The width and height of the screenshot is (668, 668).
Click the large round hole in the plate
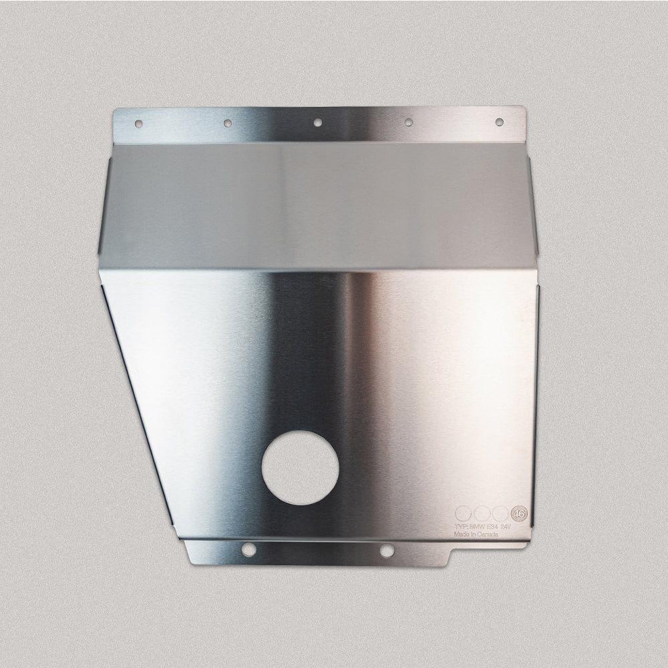point(300,468)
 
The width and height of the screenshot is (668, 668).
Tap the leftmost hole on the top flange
point(138,124)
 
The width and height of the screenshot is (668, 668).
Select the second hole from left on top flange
point(228,123)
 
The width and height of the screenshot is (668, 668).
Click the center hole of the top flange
point(318,122)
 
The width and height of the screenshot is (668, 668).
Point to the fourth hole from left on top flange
point(408,122)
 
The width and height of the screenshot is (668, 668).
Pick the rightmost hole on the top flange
point(499,122)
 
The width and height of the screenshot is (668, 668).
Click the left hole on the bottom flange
point(248,549)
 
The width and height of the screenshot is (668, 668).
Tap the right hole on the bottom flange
point(387,551)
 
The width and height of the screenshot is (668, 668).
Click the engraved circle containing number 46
point(518,514)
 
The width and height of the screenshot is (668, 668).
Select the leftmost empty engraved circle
point(462,514)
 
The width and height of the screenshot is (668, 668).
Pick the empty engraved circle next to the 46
point(500,514)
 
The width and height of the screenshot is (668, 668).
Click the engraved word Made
point(461,534)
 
